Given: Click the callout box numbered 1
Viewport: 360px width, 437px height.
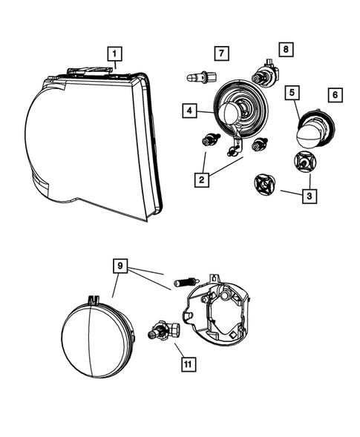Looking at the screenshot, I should click(x=115, y=53).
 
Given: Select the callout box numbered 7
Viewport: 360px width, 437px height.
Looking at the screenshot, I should click(x=220, y=53).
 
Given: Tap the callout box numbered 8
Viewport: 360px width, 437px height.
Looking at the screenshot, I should click(x=286, y=50).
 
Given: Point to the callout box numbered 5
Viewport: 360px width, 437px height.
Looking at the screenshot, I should click(x=293, y=93).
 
